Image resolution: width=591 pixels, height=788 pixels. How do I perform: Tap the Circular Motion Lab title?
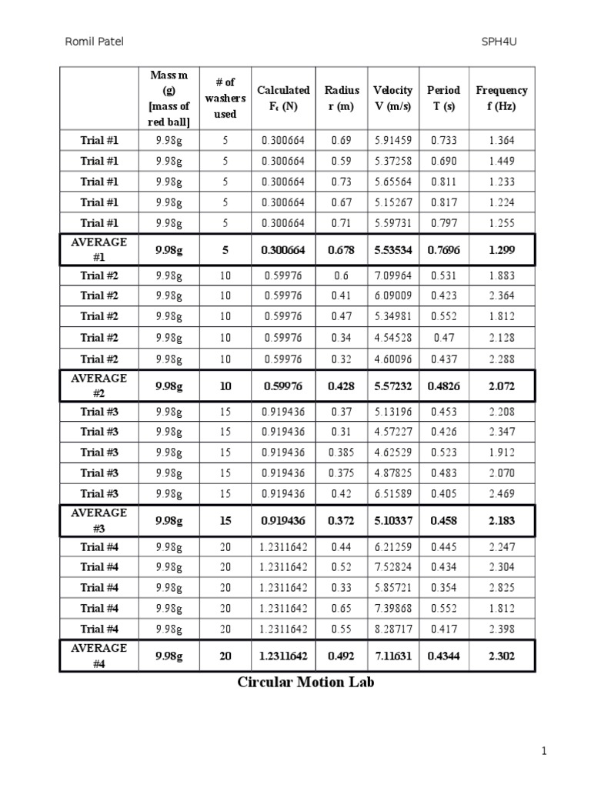point(306,682)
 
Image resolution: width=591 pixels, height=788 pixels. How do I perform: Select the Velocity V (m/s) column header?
point(392,98)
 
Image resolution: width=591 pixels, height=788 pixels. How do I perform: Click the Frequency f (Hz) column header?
point(502,98)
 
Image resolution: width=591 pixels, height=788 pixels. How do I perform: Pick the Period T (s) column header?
point(443,98)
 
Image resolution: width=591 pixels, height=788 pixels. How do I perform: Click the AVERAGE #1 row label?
point(98,250)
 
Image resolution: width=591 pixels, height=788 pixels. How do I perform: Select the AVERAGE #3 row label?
point(98,520)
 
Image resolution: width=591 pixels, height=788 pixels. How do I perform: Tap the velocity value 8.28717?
point(392,629)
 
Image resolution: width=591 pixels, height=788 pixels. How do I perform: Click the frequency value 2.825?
point(502,588)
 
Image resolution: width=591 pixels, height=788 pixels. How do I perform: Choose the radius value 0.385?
point(341,452)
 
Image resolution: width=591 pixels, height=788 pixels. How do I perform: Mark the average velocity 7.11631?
point(392,656)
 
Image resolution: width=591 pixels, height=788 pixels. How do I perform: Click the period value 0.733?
point(443,140)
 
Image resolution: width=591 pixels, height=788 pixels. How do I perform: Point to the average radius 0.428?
point(341,386)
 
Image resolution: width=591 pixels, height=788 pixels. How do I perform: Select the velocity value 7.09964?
point(392,275)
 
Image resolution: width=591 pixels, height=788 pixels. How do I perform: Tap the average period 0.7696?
point(443,250)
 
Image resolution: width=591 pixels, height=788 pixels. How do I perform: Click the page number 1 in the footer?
point(544,752)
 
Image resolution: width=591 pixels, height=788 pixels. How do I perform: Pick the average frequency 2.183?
point(502,521)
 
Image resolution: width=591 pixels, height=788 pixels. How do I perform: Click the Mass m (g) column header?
point(169,98)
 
